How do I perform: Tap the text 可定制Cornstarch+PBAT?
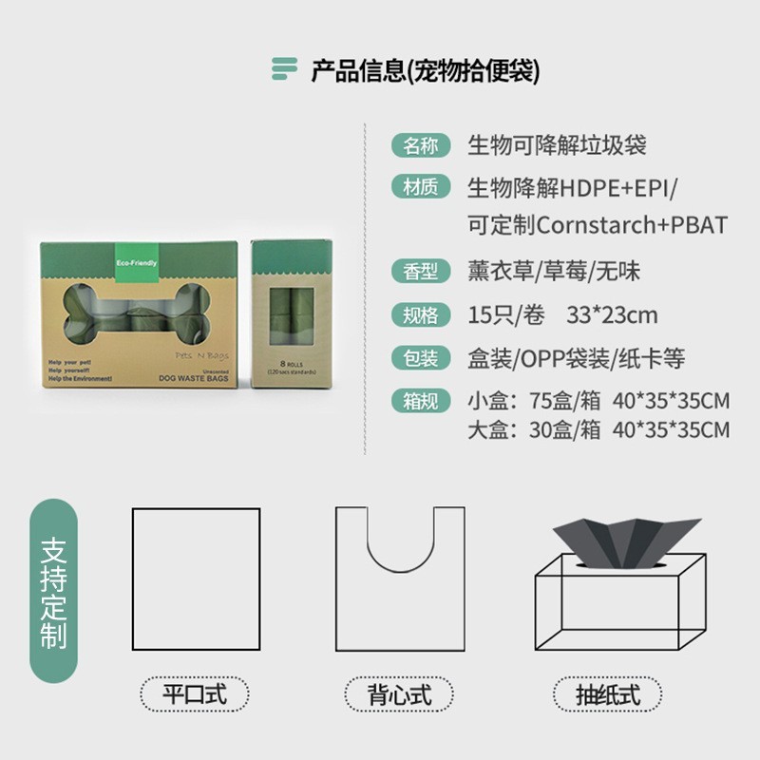tap(598, 226)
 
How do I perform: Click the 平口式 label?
tap(195, 693)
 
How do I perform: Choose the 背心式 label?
tap(400, 693)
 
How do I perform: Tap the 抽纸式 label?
tap(608, 693)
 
